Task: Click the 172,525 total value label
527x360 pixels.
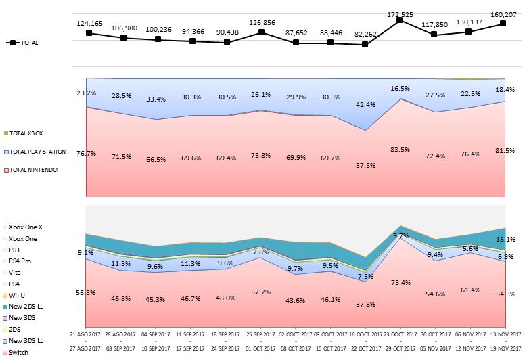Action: click(399, 14)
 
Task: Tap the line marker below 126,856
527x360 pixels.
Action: click(261, 32)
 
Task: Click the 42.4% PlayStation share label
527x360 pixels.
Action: click(365, 104)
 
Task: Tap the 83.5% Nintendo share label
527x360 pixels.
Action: click(400, 150)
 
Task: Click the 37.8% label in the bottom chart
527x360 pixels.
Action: click(365, 304)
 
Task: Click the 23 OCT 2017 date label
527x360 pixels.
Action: click(399, 334)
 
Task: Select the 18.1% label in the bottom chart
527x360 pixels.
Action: click(507, 239)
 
